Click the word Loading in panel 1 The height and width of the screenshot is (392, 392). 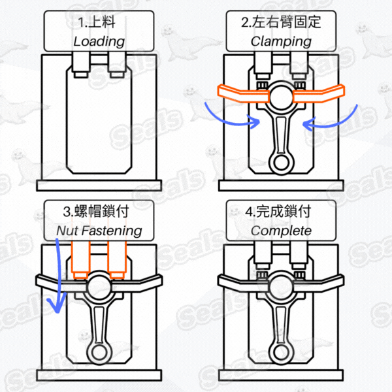click(99, 42)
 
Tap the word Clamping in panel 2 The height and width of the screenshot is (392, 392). click(281, 42)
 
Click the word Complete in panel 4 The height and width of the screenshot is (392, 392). click(281, 231)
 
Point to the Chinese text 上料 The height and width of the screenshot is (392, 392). click(102, 22)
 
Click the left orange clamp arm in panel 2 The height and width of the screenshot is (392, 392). click(243, 93)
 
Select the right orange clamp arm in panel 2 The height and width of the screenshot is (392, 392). click(319, 93)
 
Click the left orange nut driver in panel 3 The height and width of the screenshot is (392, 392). click(80, 260)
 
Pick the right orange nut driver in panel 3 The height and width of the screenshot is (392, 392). click(117, 260)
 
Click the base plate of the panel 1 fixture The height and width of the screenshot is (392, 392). click(99, 186)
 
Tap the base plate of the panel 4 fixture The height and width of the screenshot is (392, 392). click(281, 375)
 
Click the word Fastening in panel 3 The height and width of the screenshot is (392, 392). click(112, 231)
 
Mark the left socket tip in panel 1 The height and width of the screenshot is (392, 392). click(80, 74)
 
